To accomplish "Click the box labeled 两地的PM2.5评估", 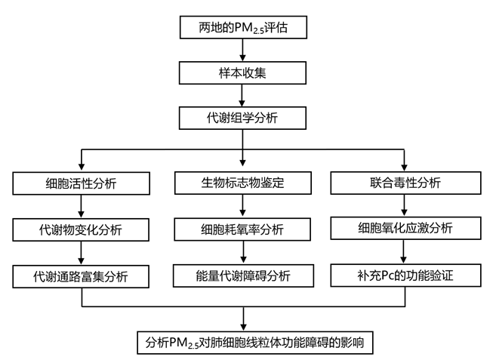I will [x=241, y=29].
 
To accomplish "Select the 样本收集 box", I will [x=241, y=73].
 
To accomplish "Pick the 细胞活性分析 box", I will [x=81, y=183].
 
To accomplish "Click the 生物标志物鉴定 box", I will [x=242, y=183].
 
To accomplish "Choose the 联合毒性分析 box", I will [x=405, y=183].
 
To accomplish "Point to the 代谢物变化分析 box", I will [x=81, y=229].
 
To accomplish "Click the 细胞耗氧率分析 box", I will [x=242, y=229].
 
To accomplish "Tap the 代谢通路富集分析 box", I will [x=81, y=275].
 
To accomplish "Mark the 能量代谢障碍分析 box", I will [x=242, y=275].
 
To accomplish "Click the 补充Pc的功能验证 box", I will [x=405, y=275].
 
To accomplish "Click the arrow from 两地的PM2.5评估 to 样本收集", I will [x=241, y=51].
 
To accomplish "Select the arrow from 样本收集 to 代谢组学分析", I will [x=241, y=96].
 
